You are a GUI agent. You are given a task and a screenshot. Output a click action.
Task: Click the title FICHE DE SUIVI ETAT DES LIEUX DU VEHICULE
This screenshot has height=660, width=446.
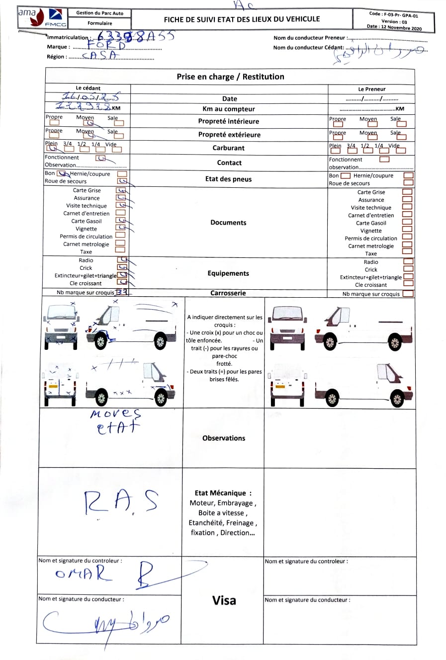242,19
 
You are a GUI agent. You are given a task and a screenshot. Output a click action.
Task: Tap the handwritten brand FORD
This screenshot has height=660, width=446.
106,46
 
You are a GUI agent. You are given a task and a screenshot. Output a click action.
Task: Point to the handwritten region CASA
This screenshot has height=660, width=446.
99,56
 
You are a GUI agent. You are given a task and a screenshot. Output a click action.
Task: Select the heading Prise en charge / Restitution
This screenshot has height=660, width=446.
230,77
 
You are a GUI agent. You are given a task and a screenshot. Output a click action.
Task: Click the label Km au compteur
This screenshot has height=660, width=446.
229,109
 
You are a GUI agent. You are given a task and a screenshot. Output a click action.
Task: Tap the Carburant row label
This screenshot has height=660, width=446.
229,148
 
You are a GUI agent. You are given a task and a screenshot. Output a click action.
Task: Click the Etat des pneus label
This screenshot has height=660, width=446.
228,179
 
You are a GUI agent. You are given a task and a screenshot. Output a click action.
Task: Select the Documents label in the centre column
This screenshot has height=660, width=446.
228,223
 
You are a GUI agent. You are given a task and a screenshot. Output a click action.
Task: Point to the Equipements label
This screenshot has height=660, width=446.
228,273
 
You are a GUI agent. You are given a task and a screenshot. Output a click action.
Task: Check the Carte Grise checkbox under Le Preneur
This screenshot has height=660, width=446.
407,192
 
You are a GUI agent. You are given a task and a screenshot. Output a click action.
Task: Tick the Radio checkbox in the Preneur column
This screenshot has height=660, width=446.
408,261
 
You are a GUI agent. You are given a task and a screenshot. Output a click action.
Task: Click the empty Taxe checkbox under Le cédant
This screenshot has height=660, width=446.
120,250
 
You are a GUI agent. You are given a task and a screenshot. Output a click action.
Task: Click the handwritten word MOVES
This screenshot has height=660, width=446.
116,414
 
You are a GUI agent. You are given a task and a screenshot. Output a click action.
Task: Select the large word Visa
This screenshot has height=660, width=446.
224,600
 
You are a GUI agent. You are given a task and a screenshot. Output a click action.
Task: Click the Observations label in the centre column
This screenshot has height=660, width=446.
224,438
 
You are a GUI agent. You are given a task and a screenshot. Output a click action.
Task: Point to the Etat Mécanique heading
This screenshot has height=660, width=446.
223,493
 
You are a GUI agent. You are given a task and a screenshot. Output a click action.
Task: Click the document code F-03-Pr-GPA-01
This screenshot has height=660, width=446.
394,15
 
